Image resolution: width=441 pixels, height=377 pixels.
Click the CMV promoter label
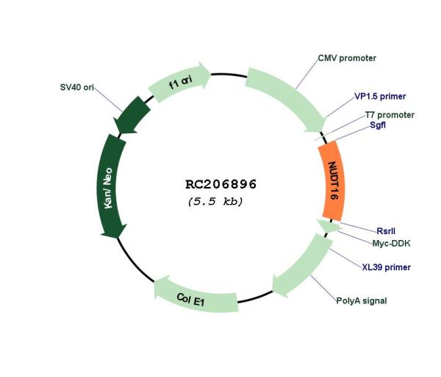pos(347,58)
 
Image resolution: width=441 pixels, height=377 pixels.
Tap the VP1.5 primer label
pos(380,96)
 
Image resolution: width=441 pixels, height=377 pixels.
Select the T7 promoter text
pos(390,115)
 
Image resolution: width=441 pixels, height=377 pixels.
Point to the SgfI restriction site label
pos(378,125)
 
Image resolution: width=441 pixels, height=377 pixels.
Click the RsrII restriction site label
pos(386,231)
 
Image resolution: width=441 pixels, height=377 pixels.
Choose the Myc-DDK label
pos(392,244)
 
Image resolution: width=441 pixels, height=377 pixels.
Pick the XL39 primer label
pos(386,267)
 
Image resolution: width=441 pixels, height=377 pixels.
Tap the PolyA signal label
pos(362,301)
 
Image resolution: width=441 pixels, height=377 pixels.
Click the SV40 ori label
pos(76,88)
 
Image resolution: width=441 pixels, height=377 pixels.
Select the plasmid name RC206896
pos(220,184)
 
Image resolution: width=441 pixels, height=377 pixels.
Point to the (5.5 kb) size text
pos(215,202)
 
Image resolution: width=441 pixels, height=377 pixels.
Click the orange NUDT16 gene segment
pos(332,180)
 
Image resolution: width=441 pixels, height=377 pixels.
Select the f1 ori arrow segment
pos(180,82)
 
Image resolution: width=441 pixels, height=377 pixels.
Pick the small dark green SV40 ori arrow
pos(132,115)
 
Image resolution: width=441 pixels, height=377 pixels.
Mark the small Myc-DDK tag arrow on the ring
pos(329,226)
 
